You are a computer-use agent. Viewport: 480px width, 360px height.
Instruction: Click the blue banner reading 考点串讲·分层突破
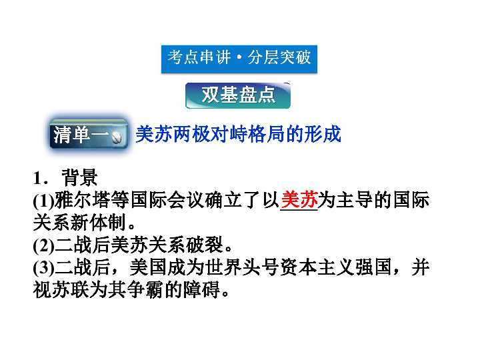pos(239,59)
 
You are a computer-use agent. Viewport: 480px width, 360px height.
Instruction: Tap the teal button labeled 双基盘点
pos(238,95)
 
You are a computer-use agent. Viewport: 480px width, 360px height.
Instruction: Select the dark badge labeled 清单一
pos(89,135)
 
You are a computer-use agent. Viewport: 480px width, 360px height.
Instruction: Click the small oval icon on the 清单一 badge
pos(117,138)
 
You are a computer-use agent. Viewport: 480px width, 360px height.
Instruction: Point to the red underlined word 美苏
pos(299,199)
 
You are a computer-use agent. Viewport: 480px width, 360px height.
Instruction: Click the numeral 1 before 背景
pos(37,178)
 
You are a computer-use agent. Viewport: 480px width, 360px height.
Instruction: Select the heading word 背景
pos(79,177)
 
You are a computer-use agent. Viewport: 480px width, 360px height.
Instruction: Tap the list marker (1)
pos(43,201)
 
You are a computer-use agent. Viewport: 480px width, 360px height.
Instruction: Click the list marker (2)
pos(43,245)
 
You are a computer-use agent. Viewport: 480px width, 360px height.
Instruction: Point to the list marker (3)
pos(43,268)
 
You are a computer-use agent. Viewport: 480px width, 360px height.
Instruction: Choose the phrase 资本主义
pos(317,267)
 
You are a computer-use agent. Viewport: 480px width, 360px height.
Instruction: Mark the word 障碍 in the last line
pos(201,289)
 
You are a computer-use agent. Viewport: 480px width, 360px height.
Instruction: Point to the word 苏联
pos(71,289)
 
